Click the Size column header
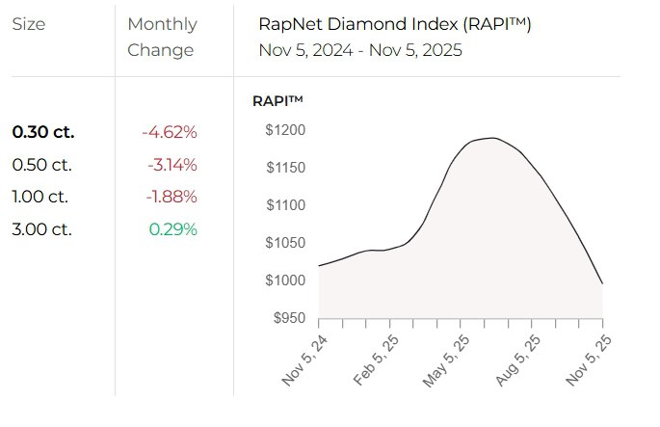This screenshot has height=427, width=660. (28, 24)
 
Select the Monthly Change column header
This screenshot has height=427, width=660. (162, 37)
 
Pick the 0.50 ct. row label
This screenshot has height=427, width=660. (41, 165)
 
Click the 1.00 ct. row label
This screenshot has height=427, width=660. (40, 197)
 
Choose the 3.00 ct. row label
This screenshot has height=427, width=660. (41, 229)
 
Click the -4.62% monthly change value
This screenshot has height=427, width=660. (169, 132)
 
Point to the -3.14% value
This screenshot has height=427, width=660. (172, 165)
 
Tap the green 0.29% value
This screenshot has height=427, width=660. (172, 229)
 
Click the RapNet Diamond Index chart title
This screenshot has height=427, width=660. (395, 24)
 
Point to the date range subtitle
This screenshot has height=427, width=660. (360, 50)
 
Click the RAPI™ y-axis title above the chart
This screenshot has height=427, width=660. (277, 100)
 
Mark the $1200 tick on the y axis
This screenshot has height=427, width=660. (285, 130)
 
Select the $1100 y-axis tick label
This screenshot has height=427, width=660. (285, 205)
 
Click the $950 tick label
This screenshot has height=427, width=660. (288, 318)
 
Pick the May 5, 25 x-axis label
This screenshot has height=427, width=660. (444, 360)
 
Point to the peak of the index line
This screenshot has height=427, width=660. (491, 138)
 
